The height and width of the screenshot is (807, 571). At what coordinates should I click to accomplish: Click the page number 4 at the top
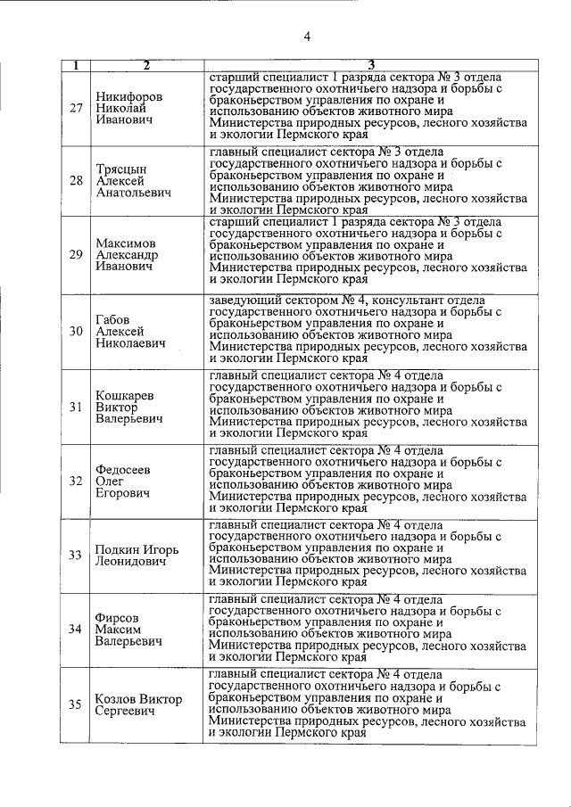pyautogui.click(x=306, y=37)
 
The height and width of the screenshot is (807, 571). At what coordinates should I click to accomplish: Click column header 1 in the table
pyautogui.click(x=76, y=65)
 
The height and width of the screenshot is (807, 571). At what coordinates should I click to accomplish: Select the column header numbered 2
pyautogui.click(x=145, y=65)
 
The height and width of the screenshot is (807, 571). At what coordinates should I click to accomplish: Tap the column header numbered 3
pyautogui.click(x=370, y=65)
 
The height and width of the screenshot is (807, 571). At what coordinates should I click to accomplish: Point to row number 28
pyautogui.click(x=76, y=181)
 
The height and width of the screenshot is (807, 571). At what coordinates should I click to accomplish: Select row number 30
pyautogui.click(x=76, y=331)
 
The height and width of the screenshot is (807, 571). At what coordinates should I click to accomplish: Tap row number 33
pyautogui.click(x=76, y=555)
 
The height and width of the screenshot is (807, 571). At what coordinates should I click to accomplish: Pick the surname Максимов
pyautogui.click(x=126, y=243)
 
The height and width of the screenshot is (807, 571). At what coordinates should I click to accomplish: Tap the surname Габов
pyautogui.click(x=114, y=317)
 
